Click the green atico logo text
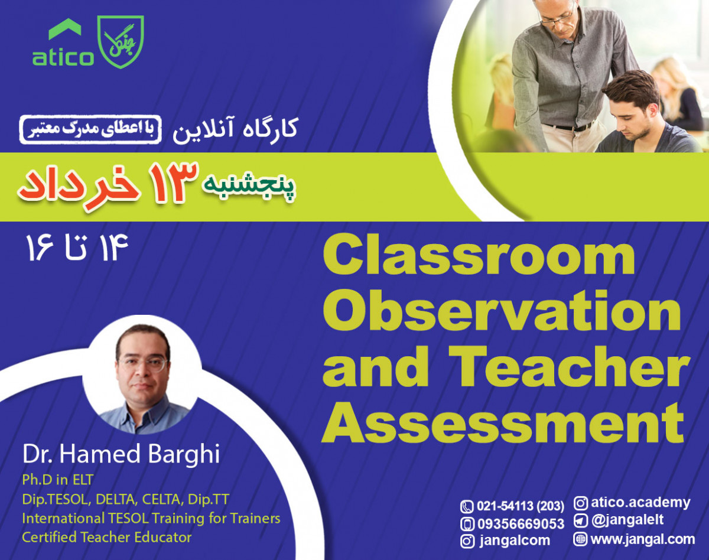62,57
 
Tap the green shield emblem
121,41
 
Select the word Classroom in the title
479,257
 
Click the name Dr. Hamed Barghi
121,455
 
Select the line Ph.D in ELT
58,479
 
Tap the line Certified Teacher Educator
107,537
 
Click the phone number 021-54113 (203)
520,506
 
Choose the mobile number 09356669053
520,523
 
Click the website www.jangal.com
642,539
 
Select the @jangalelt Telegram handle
627,520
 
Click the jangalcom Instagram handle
513,540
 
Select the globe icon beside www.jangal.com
580,539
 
